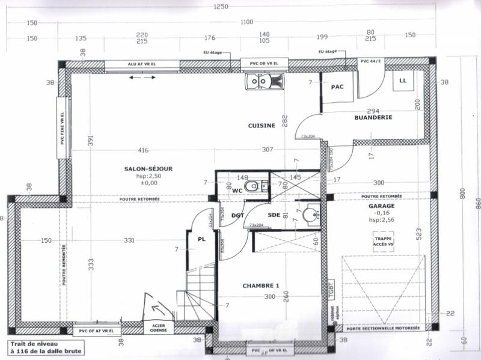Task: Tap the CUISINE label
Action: point(262,126)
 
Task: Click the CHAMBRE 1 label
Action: point(261,285)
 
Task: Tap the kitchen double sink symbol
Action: point(263,80)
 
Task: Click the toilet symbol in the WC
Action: point(253,187)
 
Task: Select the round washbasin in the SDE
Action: point(311,215)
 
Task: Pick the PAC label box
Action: point(337,87)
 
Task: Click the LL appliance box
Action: point(402,80)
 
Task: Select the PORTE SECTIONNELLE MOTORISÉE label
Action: point(382,329)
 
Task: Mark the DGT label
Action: point(237,215)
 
